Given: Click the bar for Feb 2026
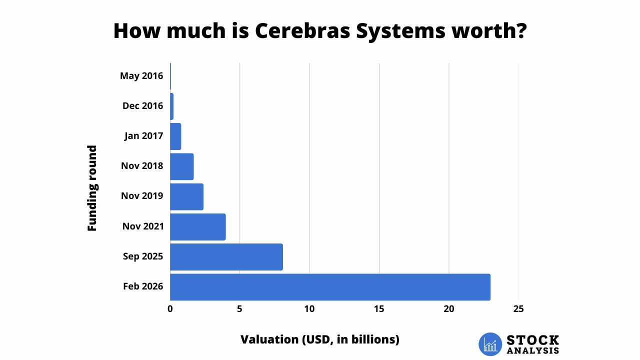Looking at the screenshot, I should click(x=330, y=287).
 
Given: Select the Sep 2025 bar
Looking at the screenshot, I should click(x=226, y=257).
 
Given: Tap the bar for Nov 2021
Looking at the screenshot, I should click(x=198, y=227).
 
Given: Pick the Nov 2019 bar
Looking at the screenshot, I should click(x=186, y=196).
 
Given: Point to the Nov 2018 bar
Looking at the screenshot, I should click(x=181, y=166).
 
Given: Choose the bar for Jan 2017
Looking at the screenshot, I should click(x=175, y=136).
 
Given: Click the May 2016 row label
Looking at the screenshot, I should click(x=141, y=76).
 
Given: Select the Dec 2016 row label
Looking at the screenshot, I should click(x=142, y=106).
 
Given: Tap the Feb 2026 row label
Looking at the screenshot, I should click(x=143, y=287).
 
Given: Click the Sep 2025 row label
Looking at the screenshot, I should click(x=143, y=257).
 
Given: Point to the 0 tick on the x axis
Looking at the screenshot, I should click(x=170, y=309).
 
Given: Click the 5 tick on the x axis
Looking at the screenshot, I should click(x=240, y=309).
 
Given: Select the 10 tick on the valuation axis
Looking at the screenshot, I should click(x=309, y=309).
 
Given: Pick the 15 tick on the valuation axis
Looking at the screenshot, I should click(x=379, y=309).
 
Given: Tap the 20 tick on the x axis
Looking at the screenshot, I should click(x=449, y=309).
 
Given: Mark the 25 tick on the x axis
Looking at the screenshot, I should click(x=518, y=309).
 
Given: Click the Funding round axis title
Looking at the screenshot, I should click(x=92, y=188).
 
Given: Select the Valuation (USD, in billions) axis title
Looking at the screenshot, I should click(x=320, y=339).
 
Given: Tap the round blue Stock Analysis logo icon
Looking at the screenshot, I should click(x=490, y=344).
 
